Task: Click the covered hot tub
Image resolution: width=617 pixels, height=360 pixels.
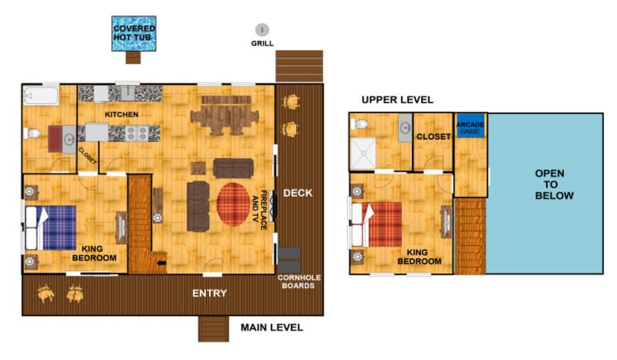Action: point(134,33)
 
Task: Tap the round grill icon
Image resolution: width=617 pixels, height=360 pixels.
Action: point(262,30)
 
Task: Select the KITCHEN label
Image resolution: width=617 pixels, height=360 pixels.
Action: point(122,115)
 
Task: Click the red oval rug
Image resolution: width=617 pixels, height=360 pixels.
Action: point(233,204)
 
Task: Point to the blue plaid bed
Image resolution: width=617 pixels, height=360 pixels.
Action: point(51,228)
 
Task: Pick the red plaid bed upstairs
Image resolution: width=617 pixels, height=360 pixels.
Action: point(377,224)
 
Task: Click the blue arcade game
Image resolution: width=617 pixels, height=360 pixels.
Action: point(470,126)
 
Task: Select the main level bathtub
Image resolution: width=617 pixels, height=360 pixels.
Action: point(41,96)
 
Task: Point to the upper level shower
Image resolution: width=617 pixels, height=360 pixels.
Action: point(362,153)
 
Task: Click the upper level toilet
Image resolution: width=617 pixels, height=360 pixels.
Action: point(359,125)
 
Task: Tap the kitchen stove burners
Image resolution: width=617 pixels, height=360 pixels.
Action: point(137,134)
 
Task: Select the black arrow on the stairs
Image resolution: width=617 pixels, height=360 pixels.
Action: point(162,263)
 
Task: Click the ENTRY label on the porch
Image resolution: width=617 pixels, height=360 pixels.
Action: point(210,293)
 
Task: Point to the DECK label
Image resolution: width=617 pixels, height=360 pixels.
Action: point(298,193)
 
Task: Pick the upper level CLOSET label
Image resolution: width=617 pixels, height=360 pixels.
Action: point(433,137)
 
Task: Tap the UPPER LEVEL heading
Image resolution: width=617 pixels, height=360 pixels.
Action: point(397,100)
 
